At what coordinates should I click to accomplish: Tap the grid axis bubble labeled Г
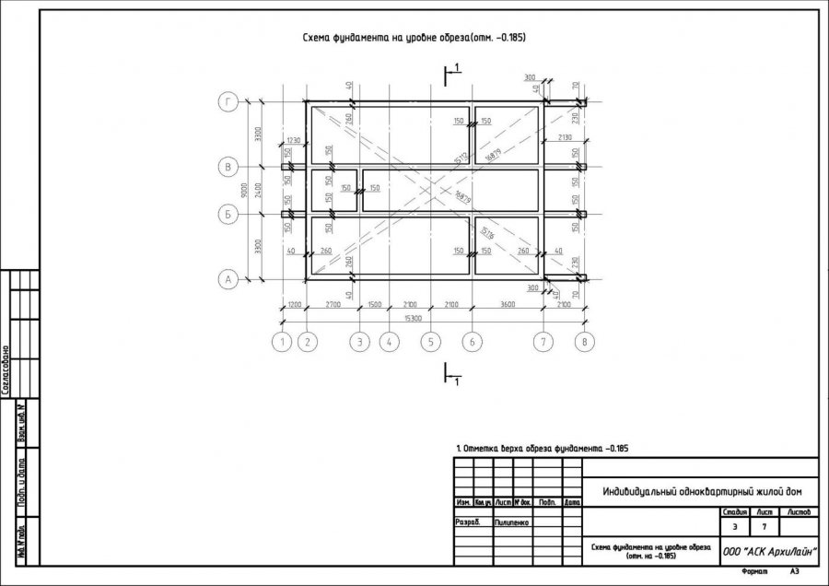[228, 102]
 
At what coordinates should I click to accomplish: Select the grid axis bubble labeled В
[228, 167]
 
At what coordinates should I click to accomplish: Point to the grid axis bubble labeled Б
[228, 214]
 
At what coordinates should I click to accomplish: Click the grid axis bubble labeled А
[228, 278]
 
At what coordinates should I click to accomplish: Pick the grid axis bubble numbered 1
[282, 342]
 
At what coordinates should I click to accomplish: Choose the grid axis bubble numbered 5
[429, 342]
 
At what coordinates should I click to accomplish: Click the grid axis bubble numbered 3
[359, 342]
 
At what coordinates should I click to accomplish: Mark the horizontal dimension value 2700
[333, 304]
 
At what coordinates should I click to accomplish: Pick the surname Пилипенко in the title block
[512, 522]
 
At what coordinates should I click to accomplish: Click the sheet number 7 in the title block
[765, 527]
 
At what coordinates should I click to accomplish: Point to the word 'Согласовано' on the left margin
[6, 369]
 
